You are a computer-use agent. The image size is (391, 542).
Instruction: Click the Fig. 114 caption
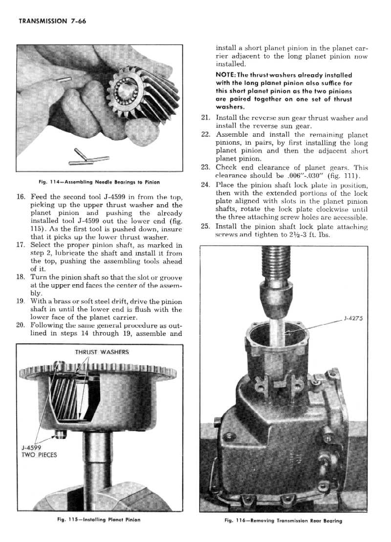coord(99,182)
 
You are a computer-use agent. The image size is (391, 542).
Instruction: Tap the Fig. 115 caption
coord(99,520)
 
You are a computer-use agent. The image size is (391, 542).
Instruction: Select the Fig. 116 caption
coord(283,521)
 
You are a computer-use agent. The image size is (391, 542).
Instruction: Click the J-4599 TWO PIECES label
coord(39,451)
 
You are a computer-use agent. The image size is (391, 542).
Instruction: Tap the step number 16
coord(21,197)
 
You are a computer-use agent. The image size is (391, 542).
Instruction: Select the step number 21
coord(205,118)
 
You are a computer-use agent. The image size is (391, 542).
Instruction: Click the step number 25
coord(205,227)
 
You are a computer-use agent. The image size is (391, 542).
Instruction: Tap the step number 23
coord(205,167)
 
